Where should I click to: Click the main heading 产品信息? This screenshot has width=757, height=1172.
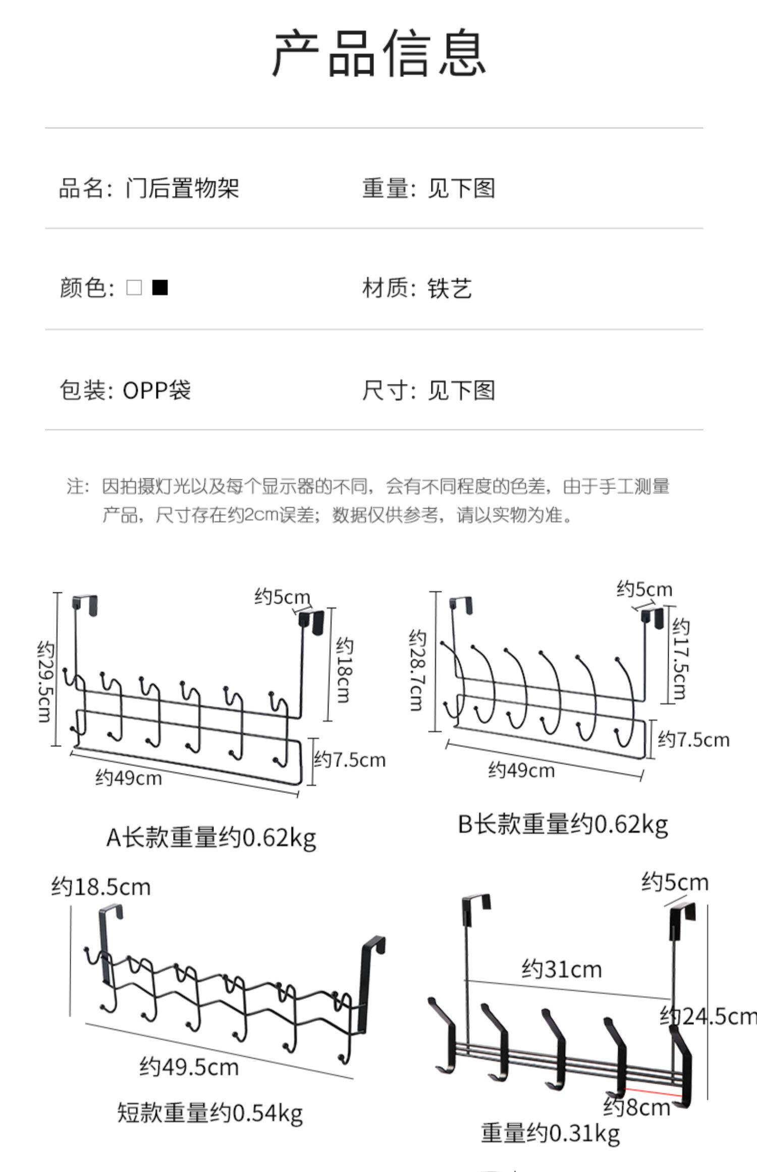tap(379, 53)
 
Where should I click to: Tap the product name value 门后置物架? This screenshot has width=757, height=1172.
tap(182, 188)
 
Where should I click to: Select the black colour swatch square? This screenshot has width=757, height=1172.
tap(160, 288)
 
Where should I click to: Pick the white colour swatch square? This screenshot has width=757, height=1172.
tap(134, 288)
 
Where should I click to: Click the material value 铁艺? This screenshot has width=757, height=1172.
tap(450, 289)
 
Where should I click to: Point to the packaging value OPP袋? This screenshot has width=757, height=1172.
tap(156, 390)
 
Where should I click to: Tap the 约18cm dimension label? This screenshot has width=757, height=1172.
tap(345, 669)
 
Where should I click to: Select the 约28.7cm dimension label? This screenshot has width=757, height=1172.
tap(416, 670)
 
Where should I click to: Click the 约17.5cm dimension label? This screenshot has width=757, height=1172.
tap(680, 659)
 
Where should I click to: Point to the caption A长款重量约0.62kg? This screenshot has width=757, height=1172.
tap(211, 837)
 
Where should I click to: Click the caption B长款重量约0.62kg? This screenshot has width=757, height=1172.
tap(563, 824)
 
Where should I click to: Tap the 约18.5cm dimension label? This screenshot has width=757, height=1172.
tap(101, 887)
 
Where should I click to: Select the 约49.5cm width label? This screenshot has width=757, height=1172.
tap(189, 1067)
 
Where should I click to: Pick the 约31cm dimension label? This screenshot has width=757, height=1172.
tap(562, 969)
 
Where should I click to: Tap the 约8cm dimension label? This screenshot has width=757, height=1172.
tap(637, 1107)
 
